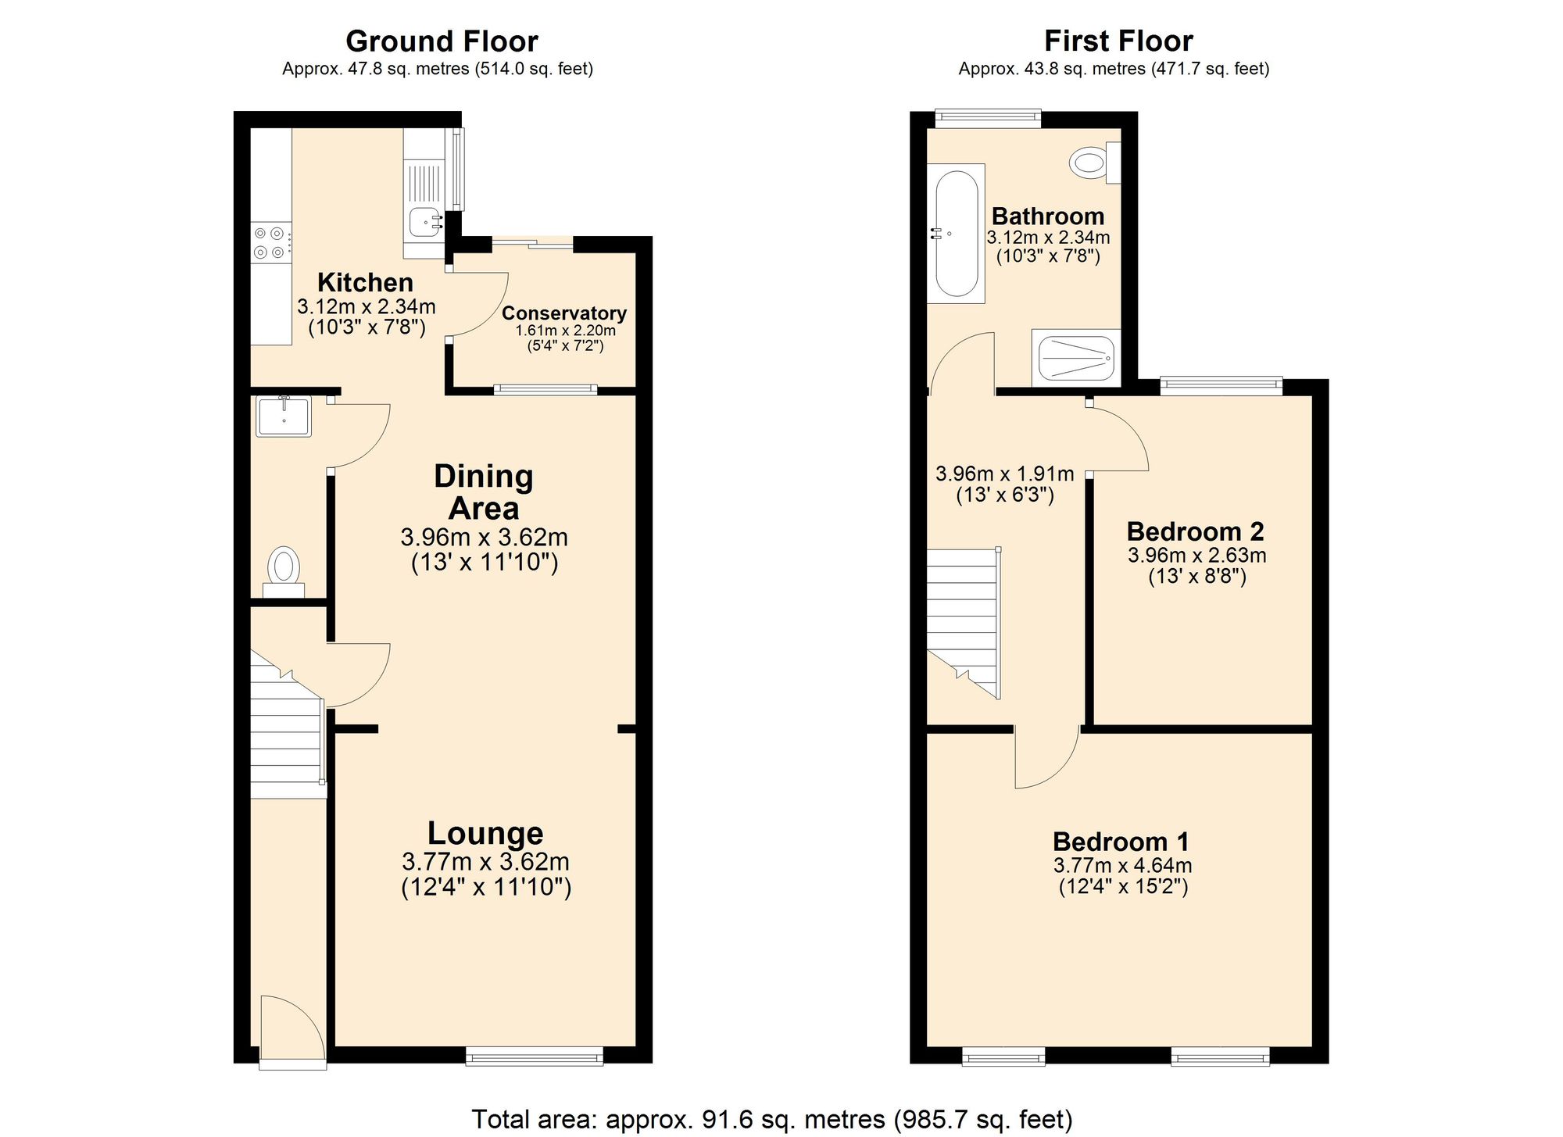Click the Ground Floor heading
tap(442, 41)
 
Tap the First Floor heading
tap(1118, 41)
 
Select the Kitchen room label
tap(365, 282)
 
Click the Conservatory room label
tap(563, 313)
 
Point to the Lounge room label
tap(485, 834)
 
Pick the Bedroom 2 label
tap(1195, 532)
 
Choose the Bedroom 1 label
tap(1121, 842)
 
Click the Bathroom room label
tap(1048, 216)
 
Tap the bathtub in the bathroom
tap(956, 233)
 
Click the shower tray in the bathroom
tap(1076, 358)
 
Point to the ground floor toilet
tap(284, 569)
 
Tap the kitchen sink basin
tap(424, 221)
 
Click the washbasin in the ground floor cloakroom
tap(284, 416)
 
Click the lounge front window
tap(535, 1057)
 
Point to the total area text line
tap(771, 1119)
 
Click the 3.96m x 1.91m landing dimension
tap(1004, 474)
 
